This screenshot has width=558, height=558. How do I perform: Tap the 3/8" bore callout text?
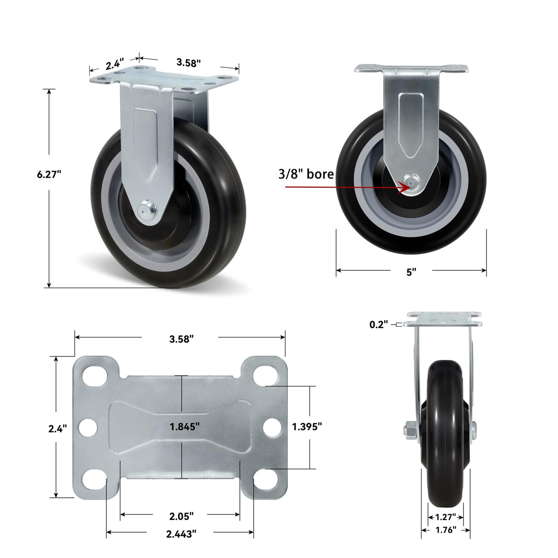306,174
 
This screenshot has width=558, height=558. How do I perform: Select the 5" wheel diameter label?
411,272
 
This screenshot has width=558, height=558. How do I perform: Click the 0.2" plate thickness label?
379,325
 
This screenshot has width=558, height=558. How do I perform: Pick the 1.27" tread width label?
445,517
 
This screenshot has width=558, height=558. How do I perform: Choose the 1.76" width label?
445,530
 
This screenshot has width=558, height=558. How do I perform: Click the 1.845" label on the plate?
184,427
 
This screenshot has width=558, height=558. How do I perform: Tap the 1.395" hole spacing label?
307,427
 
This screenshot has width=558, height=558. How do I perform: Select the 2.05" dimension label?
181,516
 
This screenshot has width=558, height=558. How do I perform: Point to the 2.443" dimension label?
181,533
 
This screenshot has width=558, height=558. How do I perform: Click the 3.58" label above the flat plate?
181,339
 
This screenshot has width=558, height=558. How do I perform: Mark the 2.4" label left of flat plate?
57,428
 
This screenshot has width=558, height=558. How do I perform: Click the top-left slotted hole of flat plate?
93,374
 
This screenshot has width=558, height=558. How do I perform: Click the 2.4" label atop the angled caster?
114,64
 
